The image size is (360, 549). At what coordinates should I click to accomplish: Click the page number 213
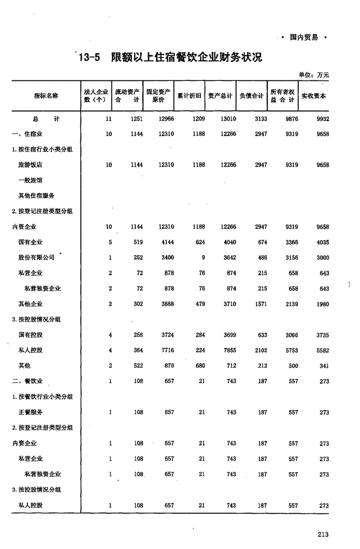pyautogui.click(x=322, y=534)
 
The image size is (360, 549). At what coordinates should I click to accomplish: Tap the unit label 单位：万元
pyautogui.click(x=314, y=75)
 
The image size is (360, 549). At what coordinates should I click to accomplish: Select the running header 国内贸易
pyautogui.click(x=303, y=37)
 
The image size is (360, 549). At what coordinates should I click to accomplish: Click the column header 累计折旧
pyautogui.click(x=190, y=95)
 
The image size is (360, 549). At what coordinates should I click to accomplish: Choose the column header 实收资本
pyautogui.click(x=314, y=95)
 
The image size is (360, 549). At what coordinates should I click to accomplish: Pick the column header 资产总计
pyautogui.click(x=221, y=95)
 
